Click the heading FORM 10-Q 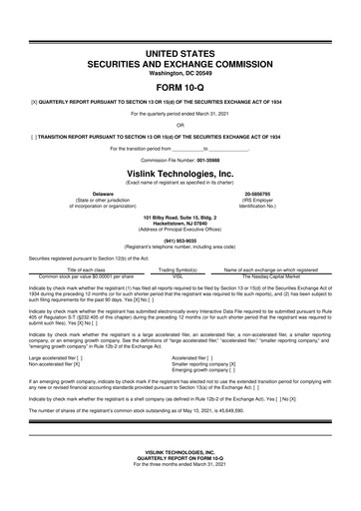tap(180, 83)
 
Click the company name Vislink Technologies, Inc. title tap(180, 171)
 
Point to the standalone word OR tap(180, 125)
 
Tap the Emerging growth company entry tap(203, 370)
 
